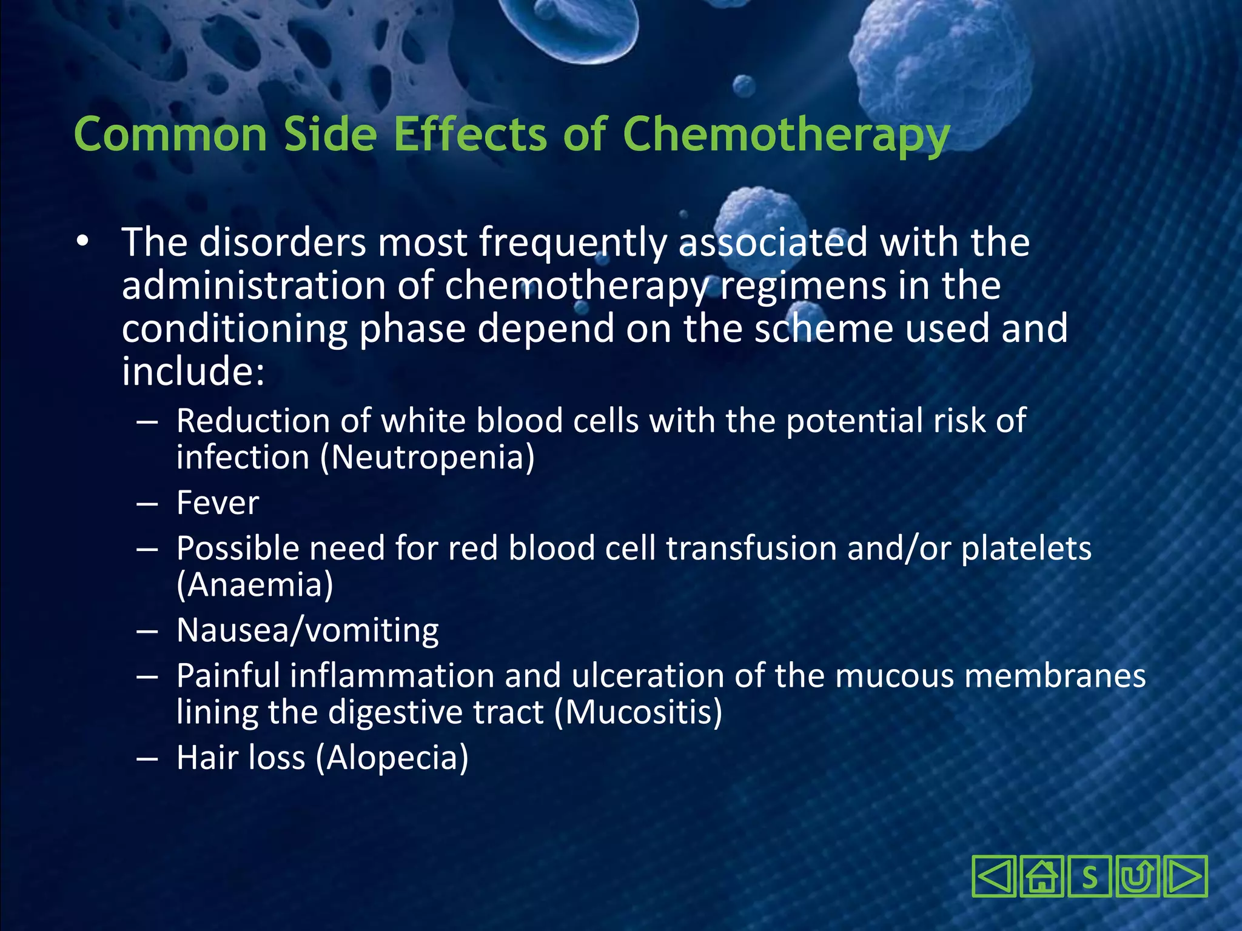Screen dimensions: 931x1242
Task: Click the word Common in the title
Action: tap(170, 135)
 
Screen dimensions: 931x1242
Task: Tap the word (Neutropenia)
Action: tap(428, 457)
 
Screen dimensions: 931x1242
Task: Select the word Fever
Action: tap(218, 503)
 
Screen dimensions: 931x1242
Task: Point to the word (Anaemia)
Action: tap(255, 585)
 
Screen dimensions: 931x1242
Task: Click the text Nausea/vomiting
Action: tap(307, 630)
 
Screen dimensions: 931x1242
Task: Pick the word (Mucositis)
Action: tap(639, 712)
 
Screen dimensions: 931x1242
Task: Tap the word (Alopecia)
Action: tap(392, 758)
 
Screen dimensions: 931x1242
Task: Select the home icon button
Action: tap(1041, 876)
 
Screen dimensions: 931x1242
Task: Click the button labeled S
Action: tap(1089, 876)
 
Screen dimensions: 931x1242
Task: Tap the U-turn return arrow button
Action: tap(1136, 876)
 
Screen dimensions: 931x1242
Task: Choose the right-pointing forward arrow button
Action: tap(1184, 876)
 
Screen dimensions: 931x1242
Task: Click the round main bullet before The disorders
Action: tap(82, 242)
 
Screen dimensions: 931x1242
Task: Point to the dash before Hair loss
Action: tap(147, 759)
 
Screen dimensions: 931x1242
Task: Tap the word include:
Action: tap(193, 371)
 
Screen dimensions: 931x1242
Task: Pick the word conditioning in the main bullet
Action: tap(234, 329)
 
